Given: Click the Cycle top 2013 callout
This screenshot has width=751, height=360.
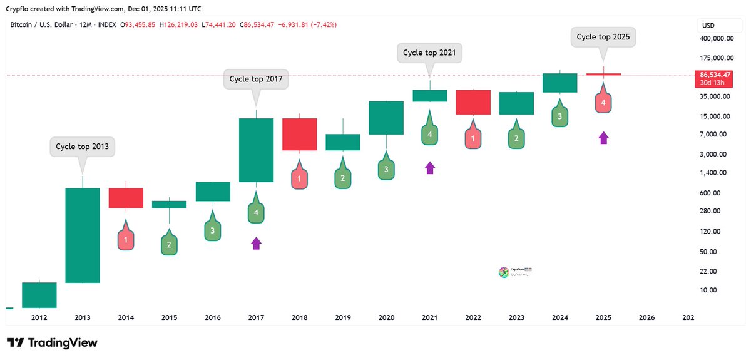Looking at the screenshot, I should pyautogui.click(x=82, y=147).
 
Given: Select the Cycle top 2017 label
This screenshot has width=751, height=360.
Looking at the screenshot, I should pyautogui.click(x=256, y=80).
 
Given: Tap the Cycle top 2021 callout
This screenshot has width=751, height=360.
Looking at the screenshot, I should pyautogui.click(x=430, y=53).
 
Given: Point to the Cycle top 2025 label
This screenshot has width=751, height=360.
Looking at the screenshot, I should pyautogui.click(x=604, y=38).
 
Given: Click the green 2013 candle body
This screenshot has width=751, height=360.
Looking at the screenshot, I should pyautogui.click(x=83, y=235).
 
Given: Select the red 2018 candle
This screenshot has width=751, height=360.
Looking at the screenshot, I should pyautogui.click(x=300, y=134).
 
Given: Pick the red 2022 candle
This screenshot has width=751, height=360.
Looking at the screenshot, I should pyautogui.click(x=473, y=102).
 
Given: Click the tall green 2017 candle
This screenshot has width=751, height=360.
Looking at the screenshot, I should pyautogui.click(x=256, y=150).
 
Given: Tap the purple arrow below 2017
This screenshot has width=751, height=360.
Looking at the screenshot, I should pyautogui.click(x=256, y=243).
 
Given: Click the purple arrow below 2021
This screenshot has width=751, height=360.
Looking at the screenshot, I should pyautogui.click(x=430, y=167).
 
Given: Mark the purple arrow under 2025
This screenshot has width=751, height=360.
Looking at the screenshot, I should pyautogui.click(x=603, y=138).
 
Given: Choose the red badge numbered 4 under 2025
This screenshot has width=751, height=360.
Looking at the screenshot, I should pyautogui.click(x=603, y=102).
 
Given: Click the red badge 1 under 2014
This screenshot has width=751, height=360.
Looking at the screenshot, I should pyautogui.click(x=126, y=239).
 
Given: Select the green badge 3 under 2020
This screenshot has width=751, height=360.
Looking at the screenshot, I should pyautogui.click(x=386, y=169).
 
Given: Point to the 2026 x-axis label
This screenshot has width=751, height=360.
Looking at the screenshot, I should pyautogui.click(x=646, y=318).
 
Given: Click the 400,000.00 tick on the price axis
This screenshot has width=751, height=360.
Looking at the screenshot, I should pyautogui.click(x=716, y=39).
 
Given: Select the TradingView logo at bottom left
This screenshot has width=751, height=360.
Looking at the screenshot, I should pyautogui.click(x=52, y=342).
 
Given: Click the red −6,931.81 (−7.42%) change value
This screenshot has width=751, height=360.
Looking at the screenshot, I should pyautogui.click(x=306, y=24).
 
